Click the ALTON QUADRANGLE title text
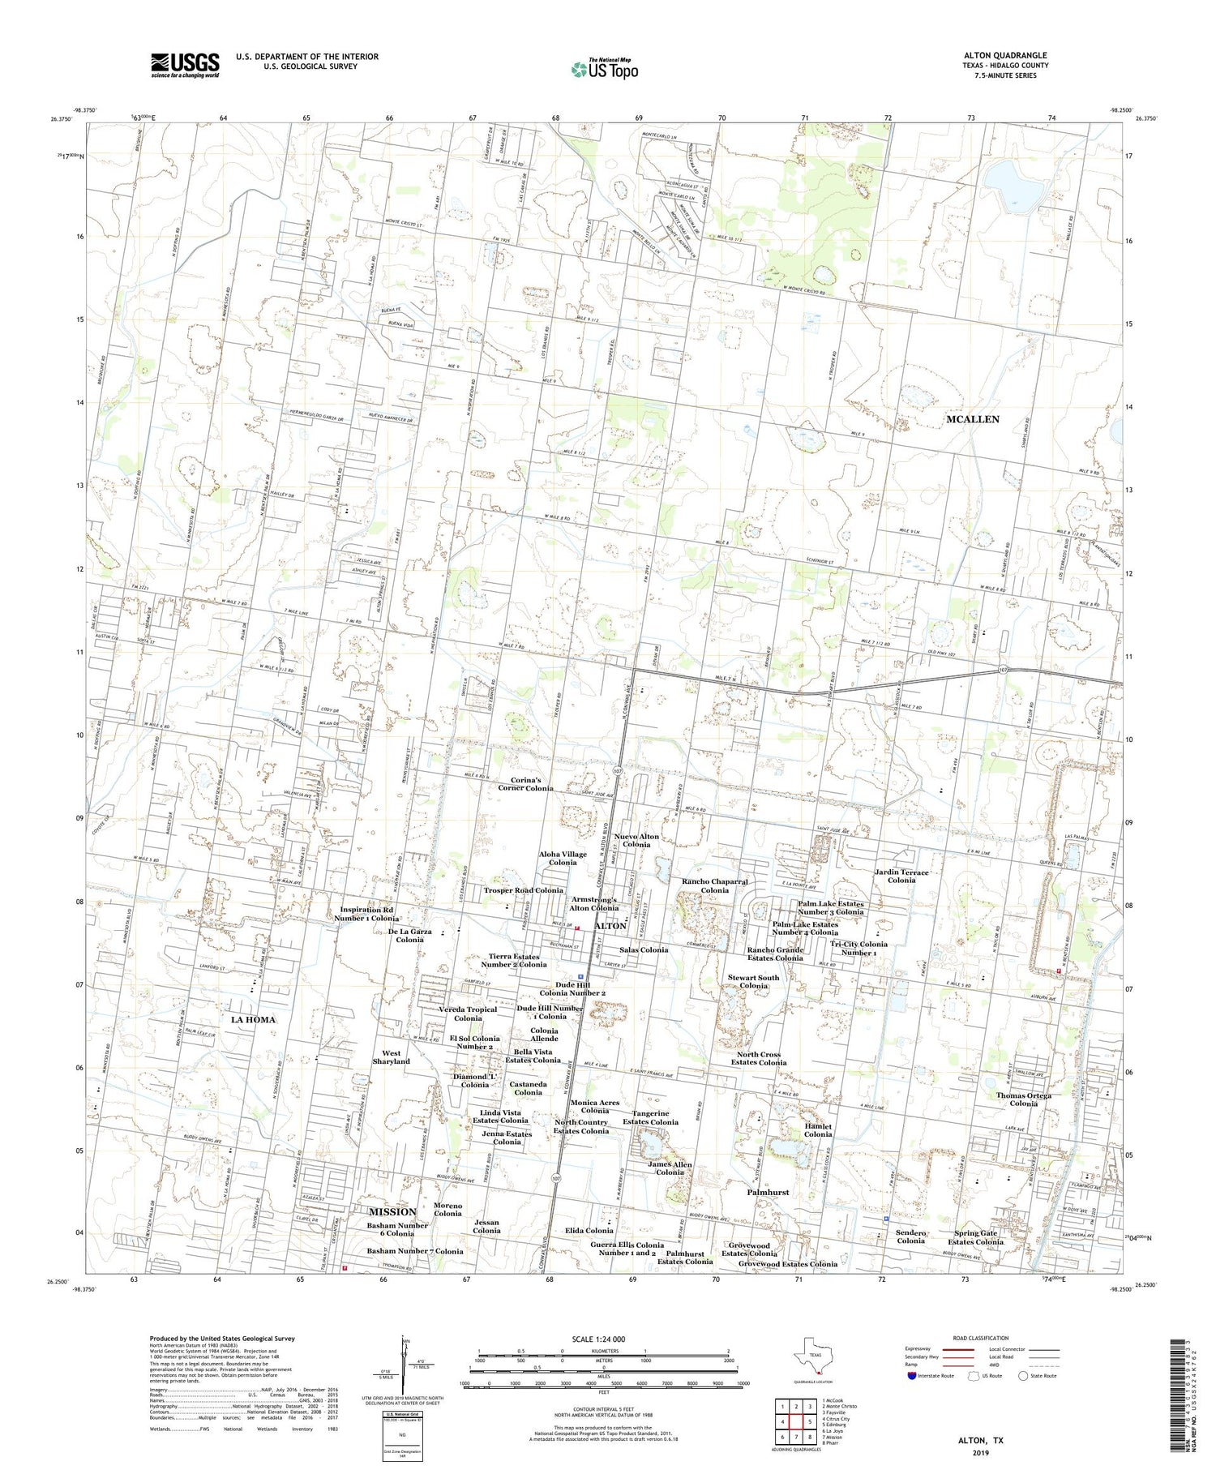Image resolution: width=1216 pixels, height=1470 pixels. click(x=1004, y=56)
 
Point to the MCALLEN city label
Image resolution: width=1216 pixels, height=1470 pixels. click(x=972, y=419)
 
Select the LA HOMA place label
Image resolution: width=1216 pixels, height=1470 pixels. click(x=253, y=1019)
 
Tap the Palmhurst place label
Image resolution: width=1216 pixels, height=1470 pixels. click(x=767, y=1193)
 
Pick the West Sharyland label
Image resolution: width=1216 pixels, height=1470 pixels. click(x=391, y=1056)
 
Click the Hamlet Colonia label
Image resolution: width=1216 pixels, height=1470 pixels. click(x=818, y=1129)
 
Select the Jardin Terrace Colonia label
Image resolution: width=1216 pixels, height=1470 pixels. click(x=901, y=876)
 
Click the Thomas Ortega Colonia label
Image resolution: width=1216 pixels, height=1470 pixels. click(x=1024, y=1099)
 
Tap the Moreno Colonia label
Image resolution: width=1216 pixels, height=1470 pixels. click(x=447, y=1209)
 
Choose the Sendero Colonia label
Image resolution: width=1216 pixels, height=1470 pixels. click(x=910, y=1236)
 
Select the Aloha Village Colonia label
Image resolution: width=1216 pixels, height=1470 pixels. click(x=563, y=858)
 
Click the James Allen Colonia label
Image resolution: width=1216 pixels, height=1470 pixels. click(x=670, y=1168)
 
